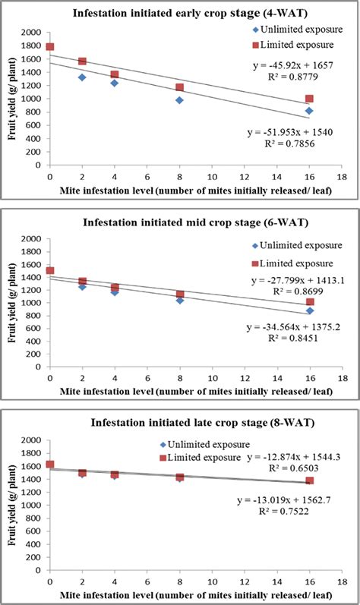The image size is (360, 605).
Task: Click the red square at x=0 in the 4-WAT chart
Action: point(50,47)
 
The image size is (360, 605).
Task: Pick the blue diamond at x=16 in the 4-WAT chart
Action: point(309,111)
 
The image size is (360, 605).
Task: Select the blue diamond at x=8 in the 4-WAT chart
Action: point(179,100)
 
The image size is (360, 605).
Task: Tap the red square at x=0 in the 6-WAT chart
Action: point(50,270)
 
